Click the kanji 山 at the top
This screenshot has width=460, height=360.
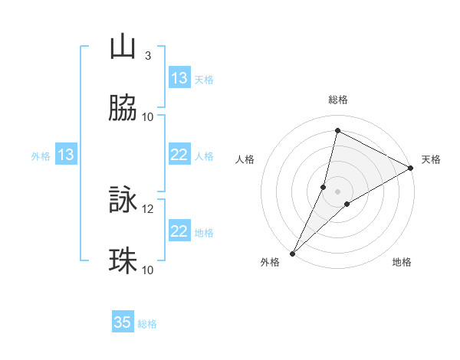(123, 47)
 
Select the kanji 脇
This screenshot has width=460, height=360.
(123, 109)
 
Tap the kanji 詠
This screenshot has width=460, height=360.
(123, 201)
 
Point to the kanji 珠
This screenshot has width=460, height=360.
(123, 262)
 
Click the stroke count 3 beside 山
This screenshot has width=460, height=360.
(148, 55)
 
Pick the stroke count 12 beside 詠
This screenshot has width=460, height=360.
(148, 208)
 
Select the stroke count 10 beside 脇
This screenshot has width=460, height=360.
(148, 116)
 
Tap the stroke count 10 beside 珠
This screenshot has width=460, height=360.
(148, 270)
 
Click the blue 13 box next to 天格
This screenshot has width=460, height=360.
(179, 78)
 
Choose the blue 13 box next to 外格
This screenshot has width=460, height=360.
(66, 155)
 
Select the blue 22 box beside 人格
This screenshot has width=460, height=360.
(179, 155)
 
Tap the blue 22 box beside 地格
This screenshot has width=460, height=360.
(179, 231)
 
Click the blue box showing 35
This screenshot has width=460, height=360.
(123, 322)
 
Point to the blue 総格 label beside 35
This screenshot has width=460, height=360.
(147, 324)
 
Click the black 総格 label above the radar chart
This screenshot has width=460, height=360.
(338, 100)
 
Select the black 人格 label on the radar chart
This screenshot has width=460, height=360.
(245, 160)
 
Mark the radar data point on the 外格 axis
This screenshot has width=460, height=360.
(292, 253)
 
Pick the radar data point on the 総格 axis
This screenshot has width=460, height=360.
(337, 131)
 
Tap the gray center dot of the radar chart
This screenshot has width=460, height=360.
(338, 191)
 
